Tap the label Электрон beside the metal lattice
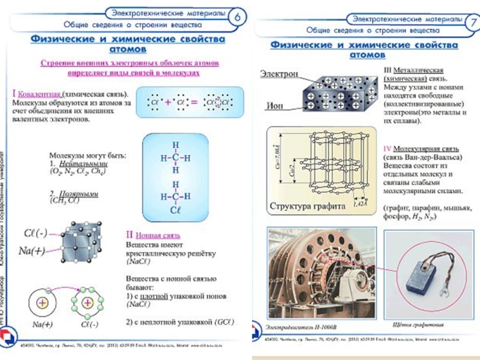(x=278, y=74)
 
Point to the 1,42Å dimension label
(x=361, y=204)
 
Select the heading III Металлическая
(x=413, y=70)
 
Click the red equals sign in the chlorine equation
(x=193, y=103)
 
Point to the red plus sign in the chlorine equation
(x=168, y=103)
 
